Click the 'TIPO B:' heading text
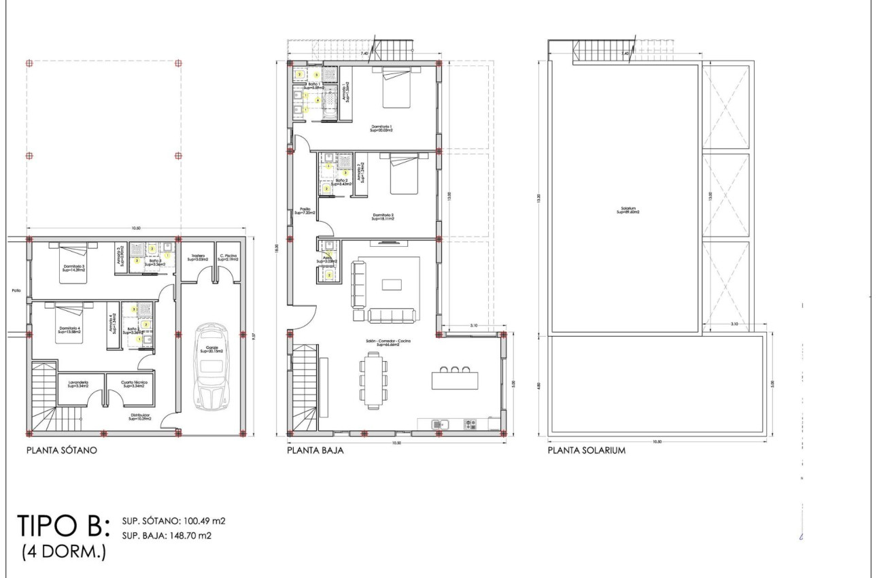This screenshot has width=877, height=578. [x=65, y=526]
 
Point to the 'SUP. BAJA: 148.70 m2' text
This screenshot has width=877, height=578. [x=167, y=535]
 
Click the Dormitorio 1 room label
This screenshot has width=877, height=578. [x=382, y=128]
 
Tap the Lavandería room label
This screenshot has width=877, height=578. [x=80, y=384]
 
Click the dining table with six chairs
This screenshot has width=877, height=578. [x=373, y=379]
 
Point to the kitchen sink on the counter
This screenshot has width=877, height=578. [x=440, y=424]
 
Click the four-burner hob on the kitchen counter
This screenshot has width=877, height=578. [x=470, y=424]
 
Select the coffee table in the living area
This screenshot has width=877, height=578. [x=392, y=284]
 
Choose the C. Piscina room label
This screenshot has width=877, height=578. [x=228, y=258]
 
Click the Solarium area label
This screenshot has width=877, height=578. [x=628, y=211]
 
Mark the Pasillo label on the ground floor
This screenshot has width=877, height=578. [x=305, y=211]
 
